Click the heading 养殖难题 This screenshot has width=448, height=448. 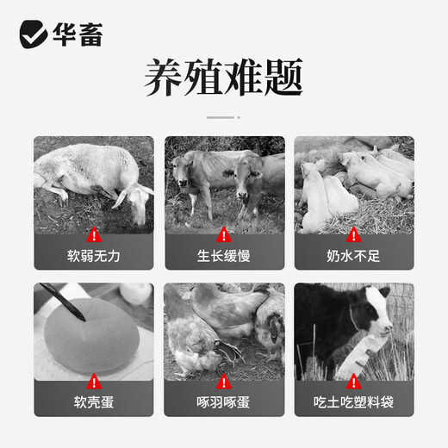pos(223,79)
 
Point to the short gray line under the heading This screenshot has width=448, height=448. pos(223,115)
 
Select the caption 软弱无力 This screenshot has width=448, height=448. pos(93,256)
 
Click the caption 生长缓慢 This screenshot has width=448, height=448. pos(223,256)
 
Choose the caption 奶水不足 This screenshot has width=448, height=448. pos(353,256)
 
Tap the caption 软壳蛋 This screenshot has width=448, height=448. pos(93,402)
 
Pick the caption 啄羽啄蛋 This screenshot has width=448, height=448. pos(223,402)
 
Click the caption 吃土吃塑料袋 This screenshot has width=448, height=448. pos(353,402)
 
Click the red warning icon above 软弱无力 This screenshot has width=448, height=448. pos(93,233)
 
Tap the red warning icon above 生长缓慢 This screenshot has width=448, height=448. pos(223,233)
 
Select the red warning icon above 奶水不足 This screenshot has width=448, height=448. pos(353,233)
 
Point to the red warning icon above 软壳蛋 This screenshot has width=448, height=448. pos(93,380)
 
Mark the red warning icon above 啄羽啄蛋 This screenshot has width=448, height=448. pos(223,380)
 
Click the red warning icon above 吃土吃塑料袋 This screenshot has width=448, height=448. pos(353,380)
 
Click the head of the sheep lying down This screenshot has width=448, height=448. pos(136,201)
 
